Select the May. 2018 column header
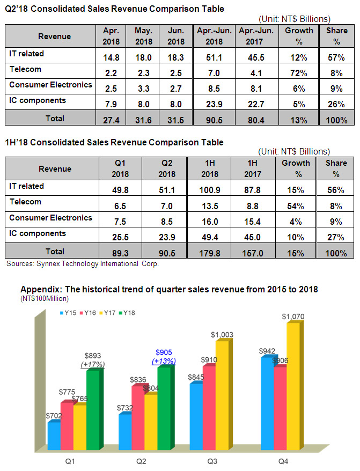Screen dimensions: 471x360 (143, 36)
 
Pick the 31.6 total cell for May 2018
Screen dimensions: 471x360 (143, 119)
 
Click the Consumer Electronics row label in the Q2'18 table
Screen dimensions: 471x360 (50, 85)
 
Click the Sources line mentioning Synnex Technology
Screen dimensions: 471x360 (83, 264)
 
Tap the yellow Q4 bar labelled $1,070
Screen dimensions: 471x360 (293, 386)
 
